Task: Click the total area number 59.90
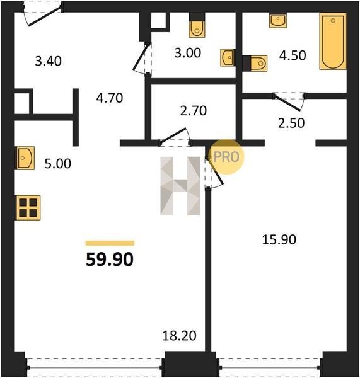click(110, 260)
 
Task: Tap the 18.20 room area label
click(179, 336)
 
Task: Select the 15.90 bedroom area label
click(279, 240)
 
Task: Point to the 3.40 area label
click(49, 61)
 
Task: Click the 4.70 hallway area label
click(110, 98)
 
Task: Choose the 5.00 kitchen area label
click(58, 164)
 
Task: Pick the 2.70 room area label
click(194, 111)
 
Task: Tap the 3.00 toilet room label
click(188, 53)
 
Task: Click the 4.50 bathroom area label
click(293, 55)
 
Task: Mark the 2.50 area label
click(291, 123)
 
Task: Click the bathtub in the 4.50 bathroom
click(333, 41)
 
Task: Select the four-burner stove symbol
click(28, 208)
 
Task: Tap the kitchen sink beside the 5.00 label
click(25, 158)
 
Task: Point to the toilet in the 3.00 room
click(197, 29)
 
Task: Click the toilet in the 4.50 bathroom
click(258, 64)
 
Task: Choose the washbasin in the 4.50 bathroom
click(278, 21)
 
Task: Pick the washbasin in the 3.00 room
click(227, 57)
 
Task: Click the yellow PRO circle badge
click(226, 157)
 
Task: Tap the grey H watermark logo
click(180, 186)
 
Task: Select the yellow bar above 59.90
click(110, 243)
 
